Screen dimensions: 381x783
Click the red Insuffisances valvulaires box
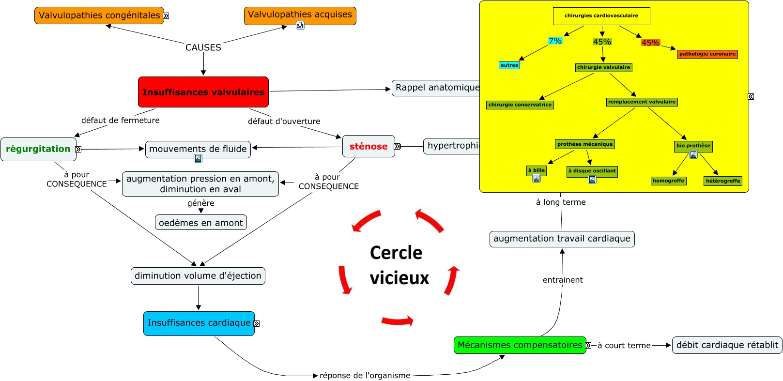pos(203,92)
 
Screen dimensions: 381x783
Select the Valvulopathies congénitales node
pos(99,15)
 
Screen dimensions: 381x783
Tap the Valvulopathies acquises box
pos(300,15)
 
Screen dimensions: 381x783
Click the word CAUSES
pos(203,47)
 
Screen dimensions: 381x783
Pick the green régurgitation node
pos(38,149)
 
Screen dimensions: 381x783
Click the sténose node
pos(368,146)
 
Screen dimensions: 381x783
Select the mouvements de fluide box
pos(198,149)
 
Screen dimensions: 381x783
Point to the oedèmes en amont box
pos(200,223)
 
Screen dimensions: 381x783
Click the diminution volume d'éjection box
pos(198,275)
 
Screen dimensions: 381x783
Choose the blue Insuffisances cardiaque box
pos(199,323)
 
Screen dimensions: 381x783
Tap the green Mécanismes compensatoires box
pos(520,345)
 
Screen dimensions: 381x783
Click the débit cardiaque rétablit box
pos(727,345)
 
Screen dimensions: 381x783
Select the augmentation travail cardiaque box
pos(562,239)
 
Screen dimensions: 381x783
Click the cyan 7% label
pos(555,41)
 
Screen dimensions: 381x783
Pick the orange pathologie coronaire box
pos(707,54)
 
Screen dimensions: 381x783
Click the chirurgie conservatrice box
pos(520,105)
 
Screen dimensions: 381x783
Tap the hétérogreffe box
pos(722,181)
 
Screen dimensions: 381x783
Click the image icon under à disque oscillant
pos(592,180)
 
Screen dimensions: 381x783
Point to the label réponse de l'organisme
pos(365,375)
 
